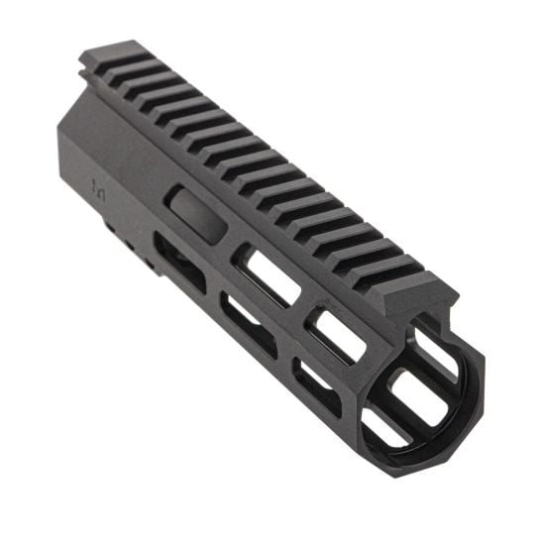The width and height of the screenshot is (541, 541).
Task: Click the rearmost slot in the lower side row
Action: [x=178, y=260]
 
